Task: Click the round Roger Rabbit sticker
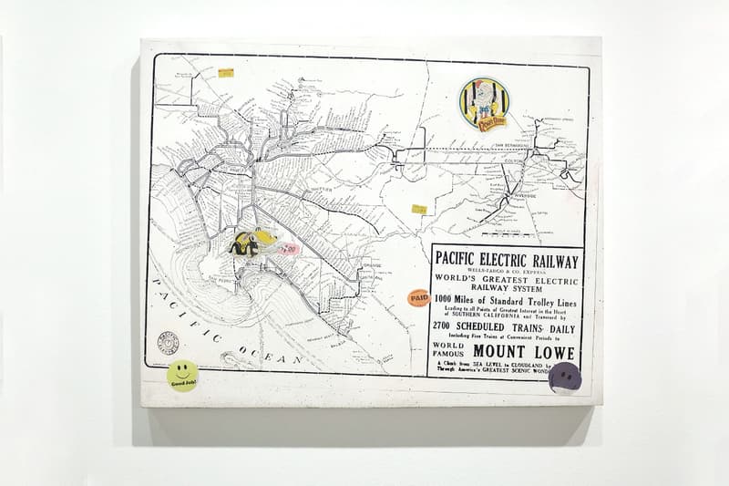[x=484, y=104]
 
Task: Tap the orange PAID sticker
[x=418, y=297]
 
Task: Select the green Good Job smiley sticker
[x=182, y=374]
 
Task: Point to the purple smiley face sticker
[x=565, y=377]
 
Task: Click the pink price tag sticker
[x=289, y=248]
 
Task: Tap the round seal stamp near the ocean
[x=168, y=343]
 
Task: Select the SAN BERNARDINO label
[x=511, y=146]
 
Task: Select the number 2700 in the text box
[x=449, y=327]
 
